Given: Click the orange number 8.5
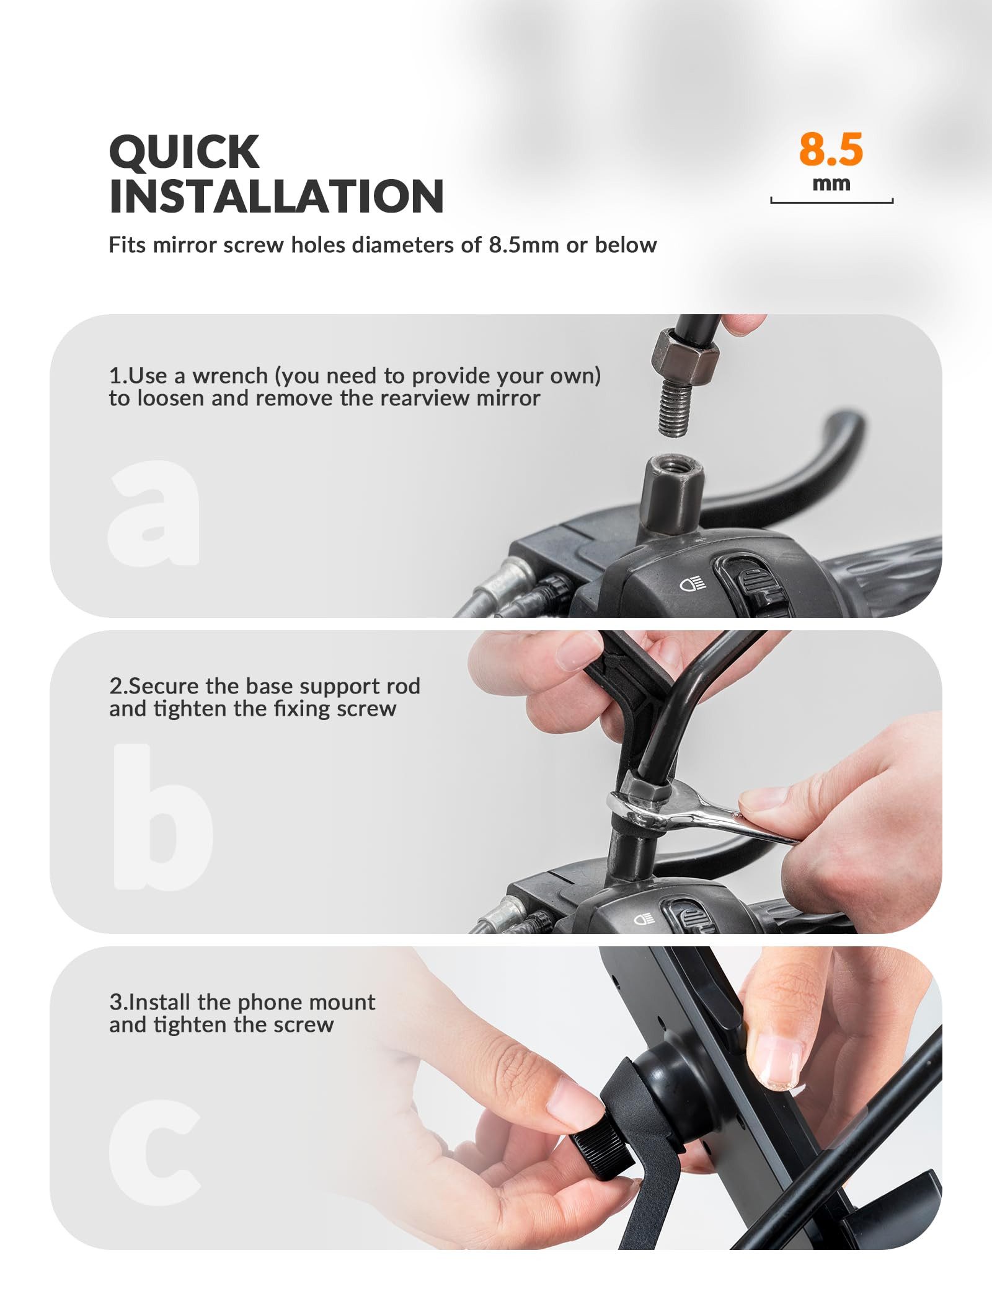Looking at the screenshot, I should click(830, 149).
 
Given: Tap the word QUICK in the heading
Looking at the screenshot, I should click(184, 152).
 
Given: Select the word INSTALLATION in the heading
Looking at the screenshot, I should click(277, 196).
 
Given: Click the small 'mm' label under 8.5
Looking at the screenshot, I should click(831, 184).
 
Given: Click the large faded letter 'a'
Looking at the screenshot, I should click(154, 513).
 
